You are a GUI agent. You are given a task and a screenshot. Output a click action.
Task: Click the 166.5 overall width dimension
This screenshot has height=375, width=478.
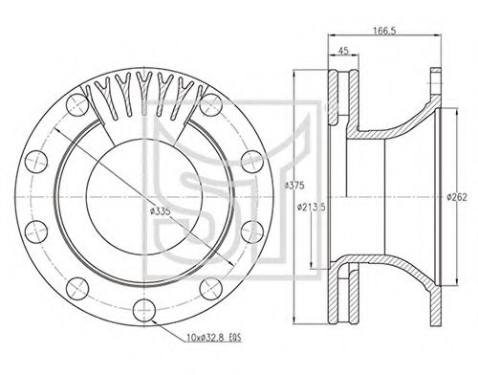tap(384, 31)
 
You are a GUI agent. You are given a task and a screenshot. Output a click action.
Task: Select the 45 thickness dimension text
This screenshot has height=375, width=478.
tap(343, 51)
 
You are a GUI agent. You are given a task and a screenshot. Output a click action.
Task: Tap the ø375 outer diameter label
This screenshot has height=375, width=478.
tap(294, 186)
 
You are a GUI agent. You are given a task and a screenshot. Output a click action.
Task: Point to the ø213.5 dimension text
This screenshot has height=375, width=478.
tap(311, 208)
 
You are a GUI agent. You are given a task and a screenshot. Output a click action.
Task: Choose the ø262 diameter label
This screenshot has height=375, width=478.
tap(457, 197)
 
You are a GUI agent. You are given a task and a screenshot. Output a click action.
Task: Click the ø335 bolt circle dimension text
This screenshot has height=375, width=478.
tap(161, 210)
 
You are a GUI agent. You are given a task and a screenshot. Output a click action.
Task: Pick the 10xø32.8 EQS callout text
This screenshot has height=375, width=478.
tap(214, 338)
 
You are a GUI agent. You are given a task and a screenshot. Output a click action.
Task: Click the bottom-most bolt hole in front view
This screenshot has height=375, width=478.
tap(144, 310)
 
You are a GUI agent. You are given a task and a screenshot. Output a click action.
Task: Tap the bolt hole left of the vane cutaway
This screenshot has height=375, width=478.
tap(76, 105)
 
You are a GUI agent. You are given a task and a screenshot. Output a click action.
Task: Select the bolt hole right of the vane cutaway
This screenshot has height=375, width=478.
tap(211, 105)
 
